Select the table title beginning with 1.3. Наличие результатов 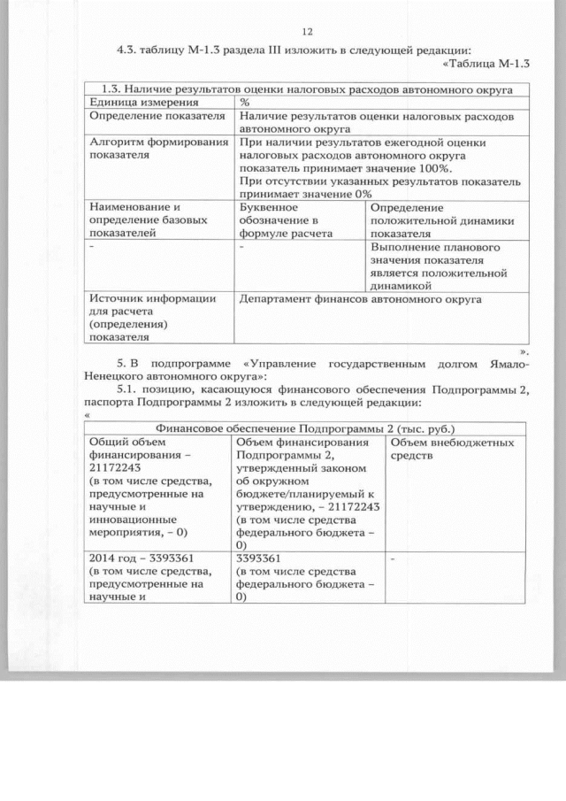306,89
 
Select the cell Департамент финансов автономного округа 361,299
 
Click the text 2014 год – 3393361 136,558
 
